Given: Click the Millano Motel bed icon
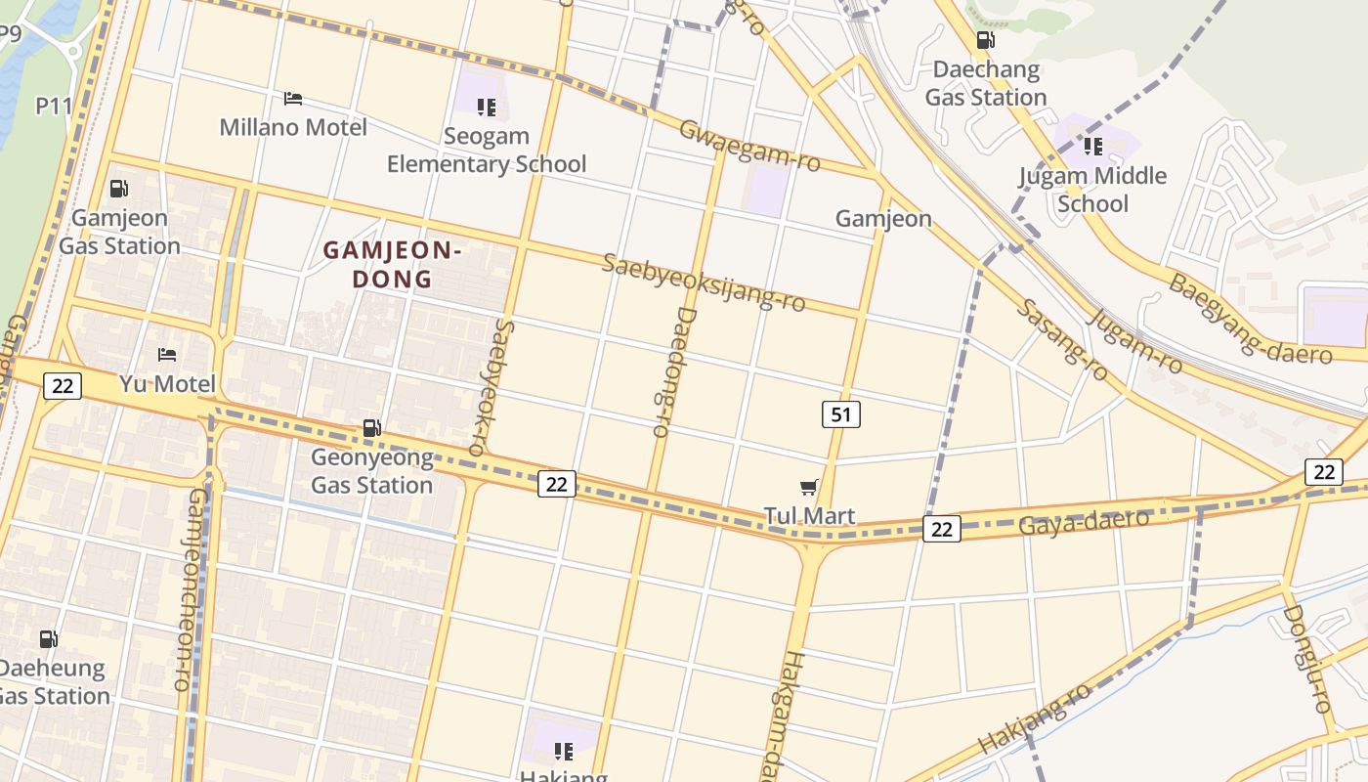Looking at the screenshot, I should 292,99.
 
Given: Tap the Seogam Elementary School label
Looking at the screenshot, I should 487,150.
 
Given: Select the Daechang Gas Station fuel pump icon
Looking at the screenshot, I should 986,40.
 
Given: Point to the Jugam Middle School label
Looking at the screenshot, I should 1092,190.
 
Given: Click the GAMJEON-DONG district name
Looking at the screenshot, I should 392,265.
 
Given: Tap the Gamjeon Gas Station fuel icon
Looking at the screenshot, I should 119,189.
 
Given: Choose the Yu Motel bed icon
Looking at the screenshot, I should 167,354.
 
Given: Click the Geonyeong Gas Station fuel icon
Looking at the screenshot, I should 371,427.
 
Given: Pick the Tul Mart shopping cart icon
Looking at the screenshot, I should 808,487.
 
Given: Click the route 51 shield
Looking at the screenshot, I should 840,414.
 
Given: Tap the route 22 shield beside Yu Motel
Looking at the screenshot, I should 62,385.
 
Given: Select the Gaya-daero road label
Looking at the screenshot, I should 1083,522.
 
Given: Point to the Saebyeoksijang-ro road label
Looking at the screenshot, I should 704,282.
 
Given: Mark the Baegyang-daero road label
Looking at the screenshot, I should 1250,319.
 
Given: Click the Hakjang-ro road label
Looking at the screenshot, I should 1035,717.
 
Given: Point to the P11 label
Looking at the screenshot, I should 54,106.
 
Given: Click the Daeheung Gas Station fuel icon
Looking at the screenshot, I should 48,639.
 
